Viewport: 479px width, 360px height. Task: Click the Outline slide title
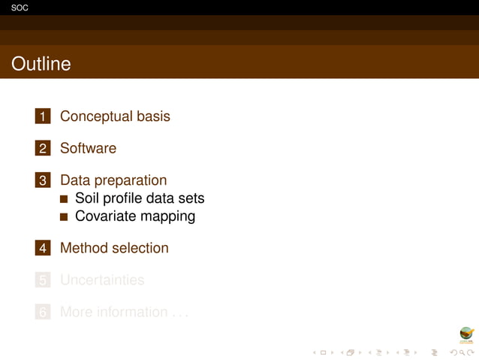click(x=41, y=64)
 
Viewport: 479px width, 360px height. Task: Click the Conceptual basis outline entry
click(x=115, y=116)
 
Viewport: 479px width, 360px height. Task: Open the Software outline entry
click(x=88, y=148)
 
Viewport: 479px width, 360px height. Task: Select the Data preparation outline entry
click(x=113, y=180)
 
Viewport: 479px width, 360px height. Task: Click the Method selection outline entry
click(x=114, y=247)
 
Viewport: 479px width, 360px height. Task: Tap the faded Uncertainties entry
click(x=102, y=280)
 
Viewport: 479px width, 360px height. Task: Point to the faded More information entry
click(x=124, y=312)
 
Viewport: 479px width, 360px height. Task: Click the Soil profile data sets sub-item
click(x=140, y=198)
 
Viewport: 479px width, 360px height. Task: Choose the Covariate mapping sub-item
click(x=135, y=216)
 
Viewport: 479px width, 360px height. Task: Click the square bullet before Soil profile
click(x=64, y=199)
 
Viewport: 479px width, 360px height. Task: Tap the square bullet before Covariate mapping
click(x=64, y=216)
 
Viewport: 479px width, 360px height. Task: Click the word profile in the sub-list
click(x=127, y=198)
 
